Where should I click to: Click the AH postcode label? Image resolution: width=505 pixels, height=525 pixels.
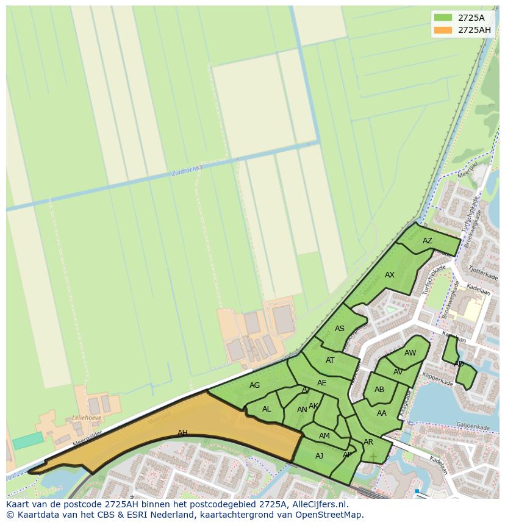click(182, 433)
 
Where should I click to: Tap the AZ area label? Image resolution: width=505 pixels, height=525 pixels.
click(427, 241)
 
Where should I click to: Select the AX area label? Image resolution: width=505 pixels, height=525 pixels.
click(389, 275)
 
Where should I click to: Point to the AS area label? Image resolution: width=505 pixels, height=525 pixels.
click(340, 329)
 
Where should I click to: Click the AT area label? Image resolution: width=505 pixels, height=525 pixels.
click(330, 360)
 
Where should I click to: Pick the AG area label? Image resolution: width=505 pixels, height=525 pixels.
click(254, 385)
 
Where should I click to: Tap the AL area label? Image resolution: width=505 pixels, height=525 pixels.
click(267, 409)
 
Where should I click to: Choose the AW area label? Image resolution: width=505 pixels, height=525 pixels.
click(410, 353)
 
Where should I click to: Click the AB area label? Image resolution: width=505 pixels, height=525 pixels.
click(379, 390)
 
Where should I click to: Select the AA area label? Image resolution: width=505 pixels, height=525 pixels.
click(382, 413)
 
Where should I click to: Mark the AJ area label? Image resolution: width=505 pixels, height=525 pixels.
click(319, 456)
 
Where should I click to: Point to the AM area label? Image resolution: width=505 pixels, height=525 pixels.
click(324, 436)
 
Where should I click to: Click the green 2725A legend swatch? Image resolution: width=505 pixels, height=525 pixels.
click(443, 18)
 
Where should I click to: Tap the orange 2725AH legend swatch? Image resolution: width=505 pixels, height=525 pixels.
click(443, 30)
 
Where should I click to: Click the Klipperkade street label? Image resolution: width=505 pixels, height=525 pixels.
click(437, 379)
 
